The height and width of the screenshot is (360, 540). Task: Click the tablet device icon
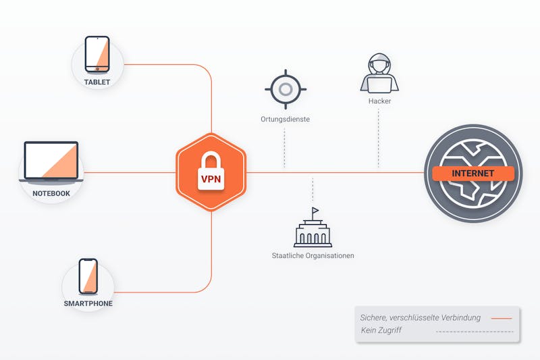97,55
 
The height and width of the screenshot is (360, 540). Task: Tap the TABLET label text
97,82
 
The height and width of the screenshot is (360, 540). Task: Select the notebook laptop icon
51,162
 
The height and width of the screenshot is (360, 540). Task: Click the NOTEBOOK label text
51,194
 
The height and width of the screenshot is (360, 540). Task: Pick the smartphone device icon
88,276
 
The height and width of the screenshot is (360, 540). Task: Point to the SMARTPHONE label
88,303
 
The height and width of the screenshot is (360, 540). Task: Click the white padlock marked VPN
211,171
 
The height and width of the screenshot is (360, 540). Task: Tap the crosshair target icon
286,89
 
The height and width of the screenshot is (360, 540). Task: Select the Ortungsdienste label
285,119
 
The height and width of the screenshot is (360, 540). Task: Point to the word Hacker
379,101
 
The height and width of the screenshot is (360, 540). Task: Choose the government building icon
313,228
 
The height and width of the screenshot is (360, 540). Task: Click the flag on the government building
315,210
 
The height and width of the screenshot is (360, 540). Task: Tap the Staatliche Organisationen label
313,255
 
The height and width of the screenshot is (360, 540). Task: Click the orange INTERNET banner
473,174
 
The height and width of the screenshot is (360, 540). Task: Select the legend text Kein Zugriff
381,330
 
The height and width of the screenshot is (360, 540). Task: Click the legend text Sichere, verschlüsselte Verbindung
420,317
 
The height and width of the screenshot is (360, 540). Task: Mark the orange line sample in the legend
502,318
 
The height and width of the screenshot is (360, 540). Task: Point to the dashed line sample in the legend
475,332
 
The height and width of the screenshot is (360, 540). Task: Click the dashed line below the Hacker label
379,138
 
